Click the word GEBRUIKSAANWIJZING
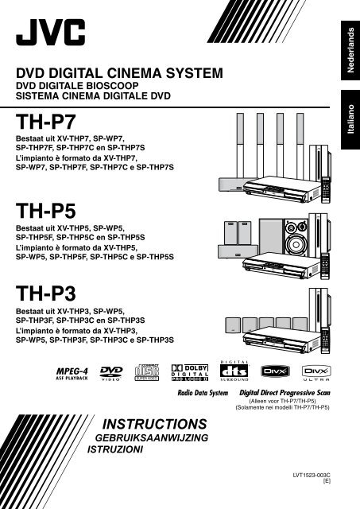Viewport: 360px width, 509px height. pyautogui.click(x=153, y=437)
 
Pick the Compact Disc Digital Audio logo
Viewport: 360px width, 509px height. pyautogui.click(x=166, y=371)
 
